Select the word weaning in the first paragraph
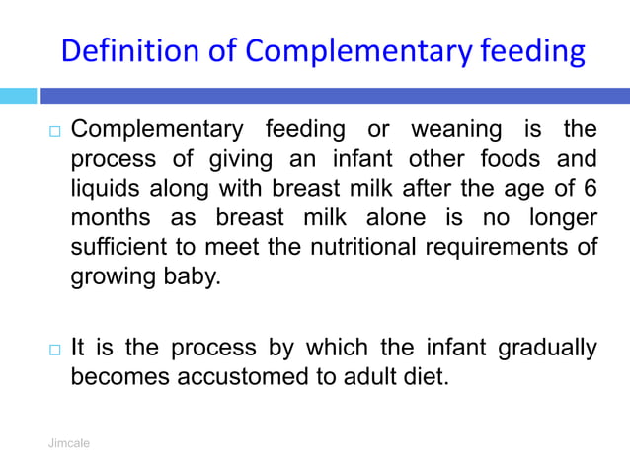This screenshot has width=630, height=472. (459, 130)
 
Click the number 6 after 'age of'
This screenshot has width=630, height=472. (591, 188)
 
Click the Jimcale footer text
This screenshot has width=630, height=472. (69, 444)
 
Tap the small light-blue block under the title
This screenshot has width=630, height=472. (17, 96)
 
